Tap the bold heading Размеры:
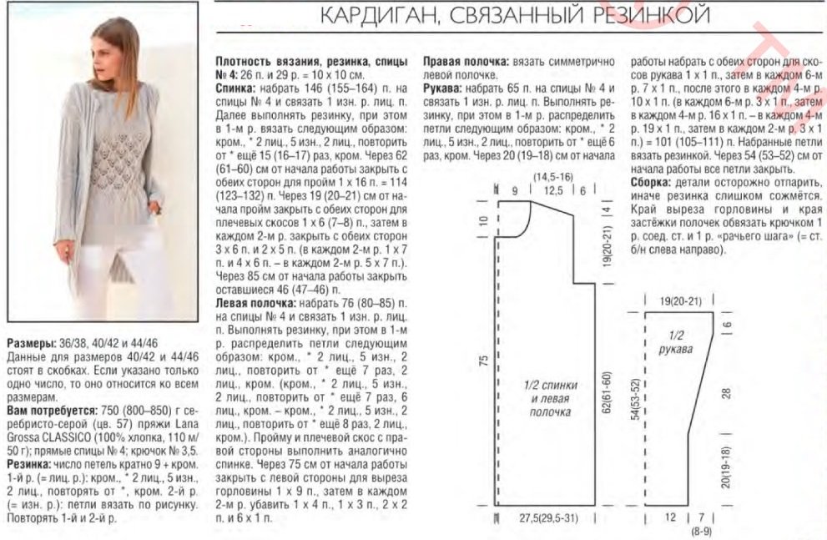[x=32, y=343]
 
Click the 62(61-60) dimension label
[x=608, y=396]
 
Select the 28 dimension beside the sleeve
[x=726, y=392]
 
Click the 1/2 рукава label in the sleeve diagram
[x=680, y=342]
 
